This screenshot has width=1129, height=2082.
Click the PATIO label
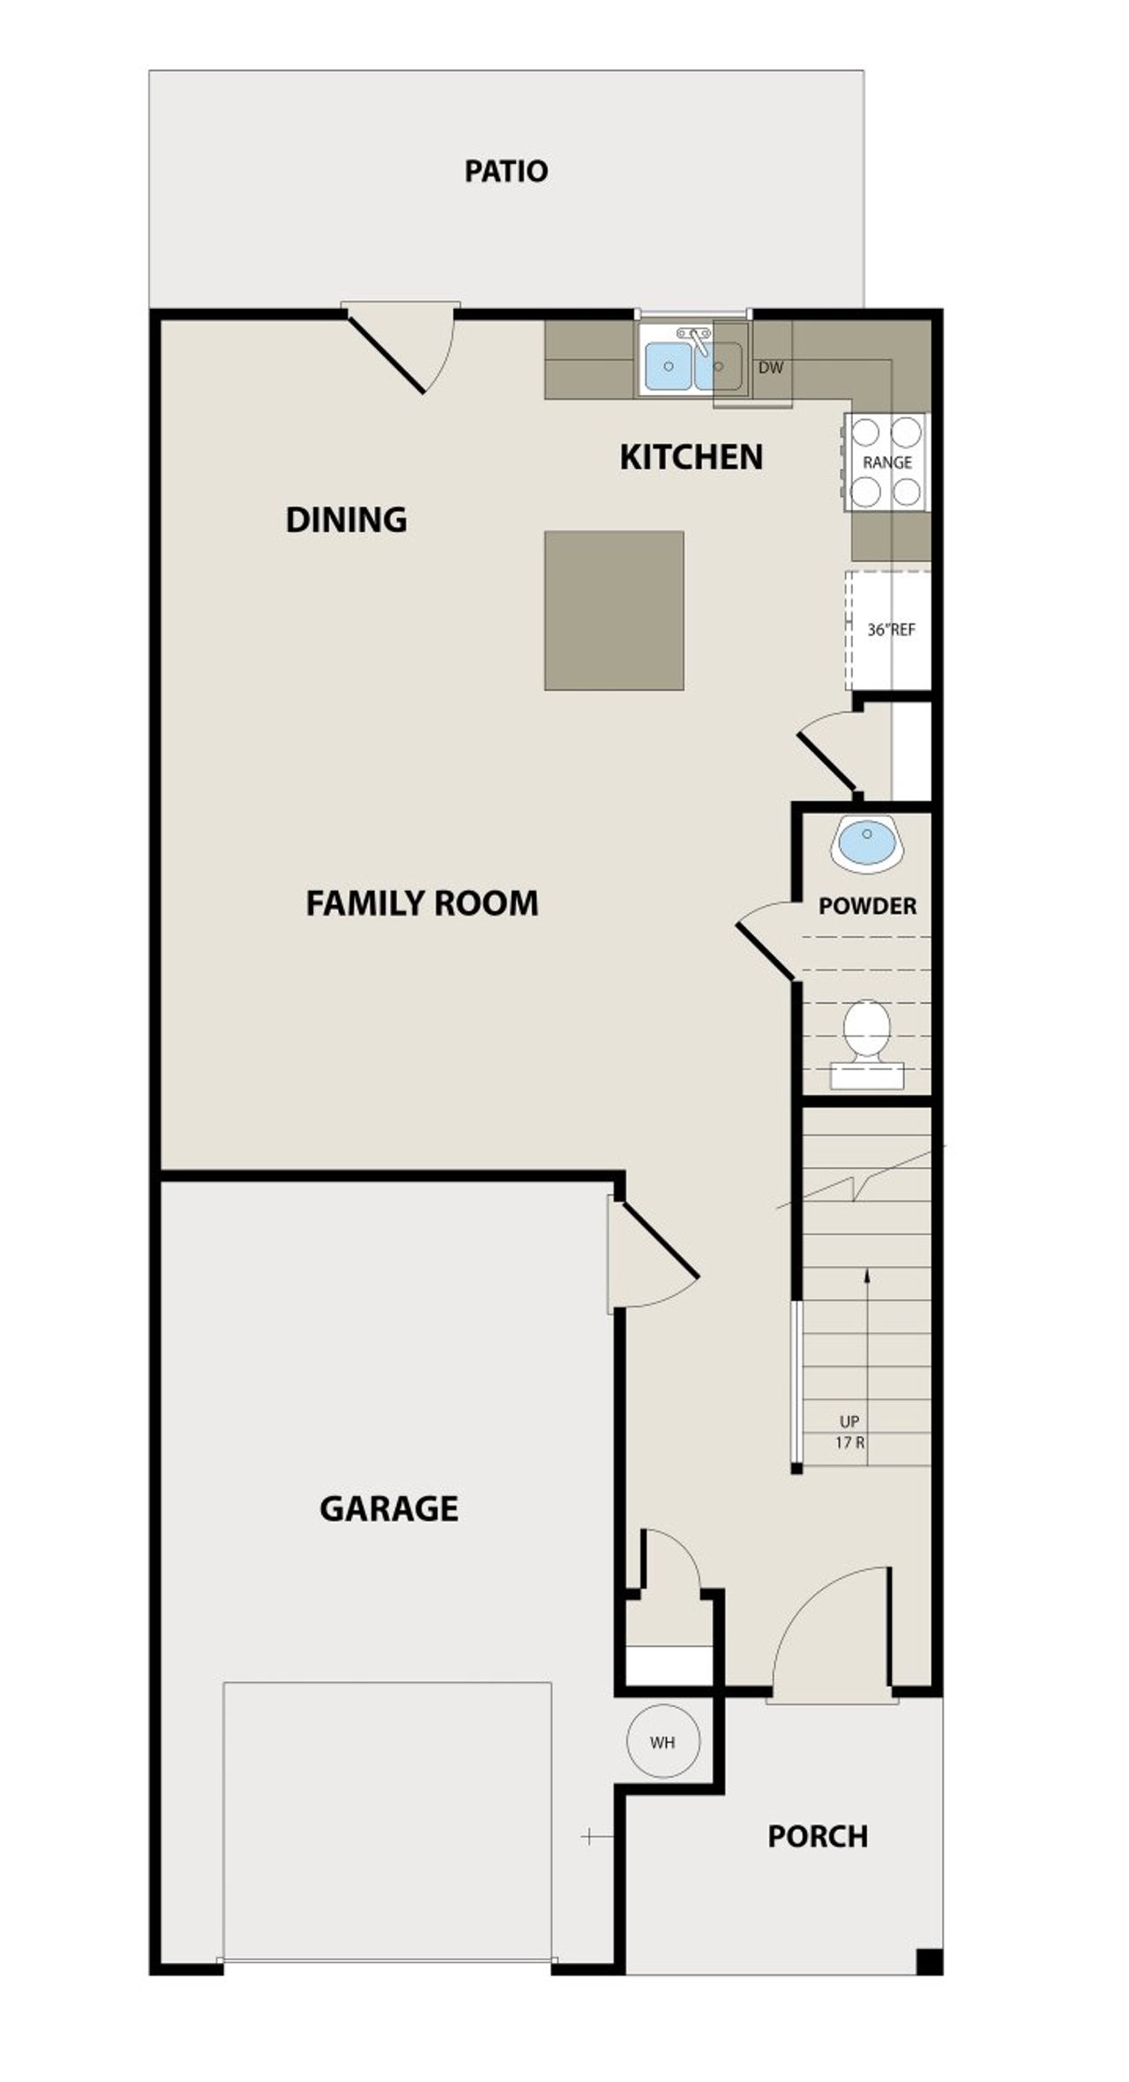point(506,171)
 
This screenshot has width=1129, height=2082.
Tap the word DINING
point(346,520)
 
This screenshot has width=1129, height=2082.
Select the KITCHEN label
point(692,457)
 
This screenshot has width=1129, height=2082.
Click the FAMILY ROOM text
point(422,903)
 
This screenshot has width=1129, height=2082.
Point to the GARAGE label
point(388,1509)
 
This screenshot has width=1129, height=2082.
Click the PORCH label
point(818,1836)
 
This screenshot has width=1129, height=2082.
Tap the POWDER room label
point(867,906)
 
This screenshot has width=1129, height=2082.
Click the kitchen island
point(614,610)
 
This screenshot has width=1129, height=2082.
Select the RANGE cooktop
point(886,462)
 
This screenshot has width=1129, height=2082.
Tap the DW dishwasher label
point(770,368)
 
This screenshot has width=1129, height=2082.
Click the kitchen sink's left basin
point(668,365)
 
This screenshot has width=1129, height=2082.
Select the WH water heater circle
point(662,1741)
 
